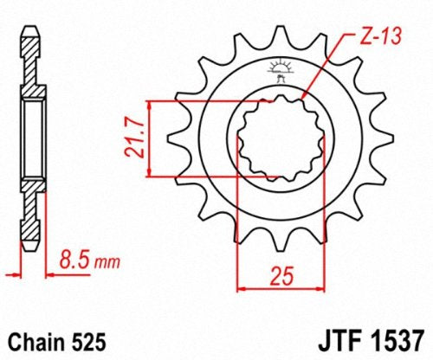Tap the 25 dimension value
click(281, 276)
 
